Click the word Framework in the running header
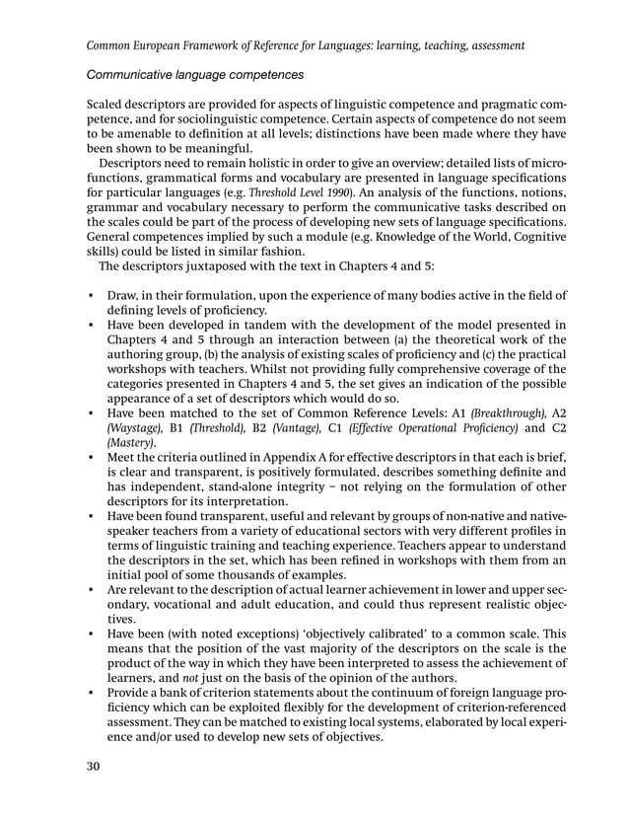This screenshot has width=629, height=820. [219, 44]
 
